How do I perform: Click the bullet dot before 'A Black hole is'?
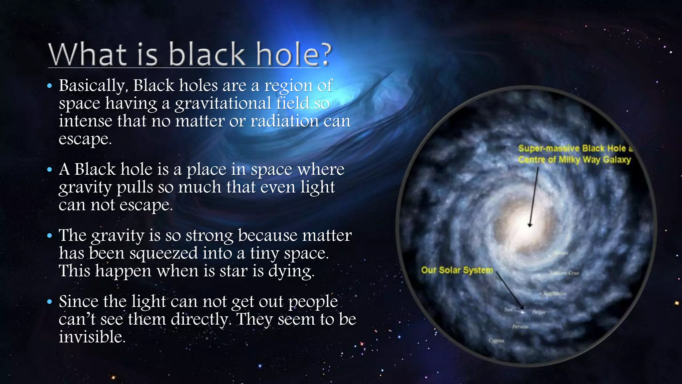pos(50,170)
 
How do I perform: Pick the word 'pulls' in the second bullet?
pos(135,188)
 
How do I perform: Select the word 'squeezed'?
pos(164,253)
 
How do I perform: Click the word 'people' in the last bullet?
pos(313,302)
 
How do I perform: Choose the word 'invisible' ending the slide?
pos(92,337)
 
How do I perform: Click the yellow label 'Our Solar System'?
pos(457,270)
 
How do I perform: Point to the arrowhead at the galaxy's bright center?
pos(530,225)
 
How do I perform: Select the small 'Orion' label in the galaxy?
pos(538,312)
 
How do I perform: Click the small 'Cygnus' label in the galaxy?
pos(496,341)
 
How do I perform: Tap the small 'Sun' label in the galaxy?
pos(508,310)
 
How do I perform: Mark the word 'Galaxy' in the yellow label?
pos(617,160)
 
